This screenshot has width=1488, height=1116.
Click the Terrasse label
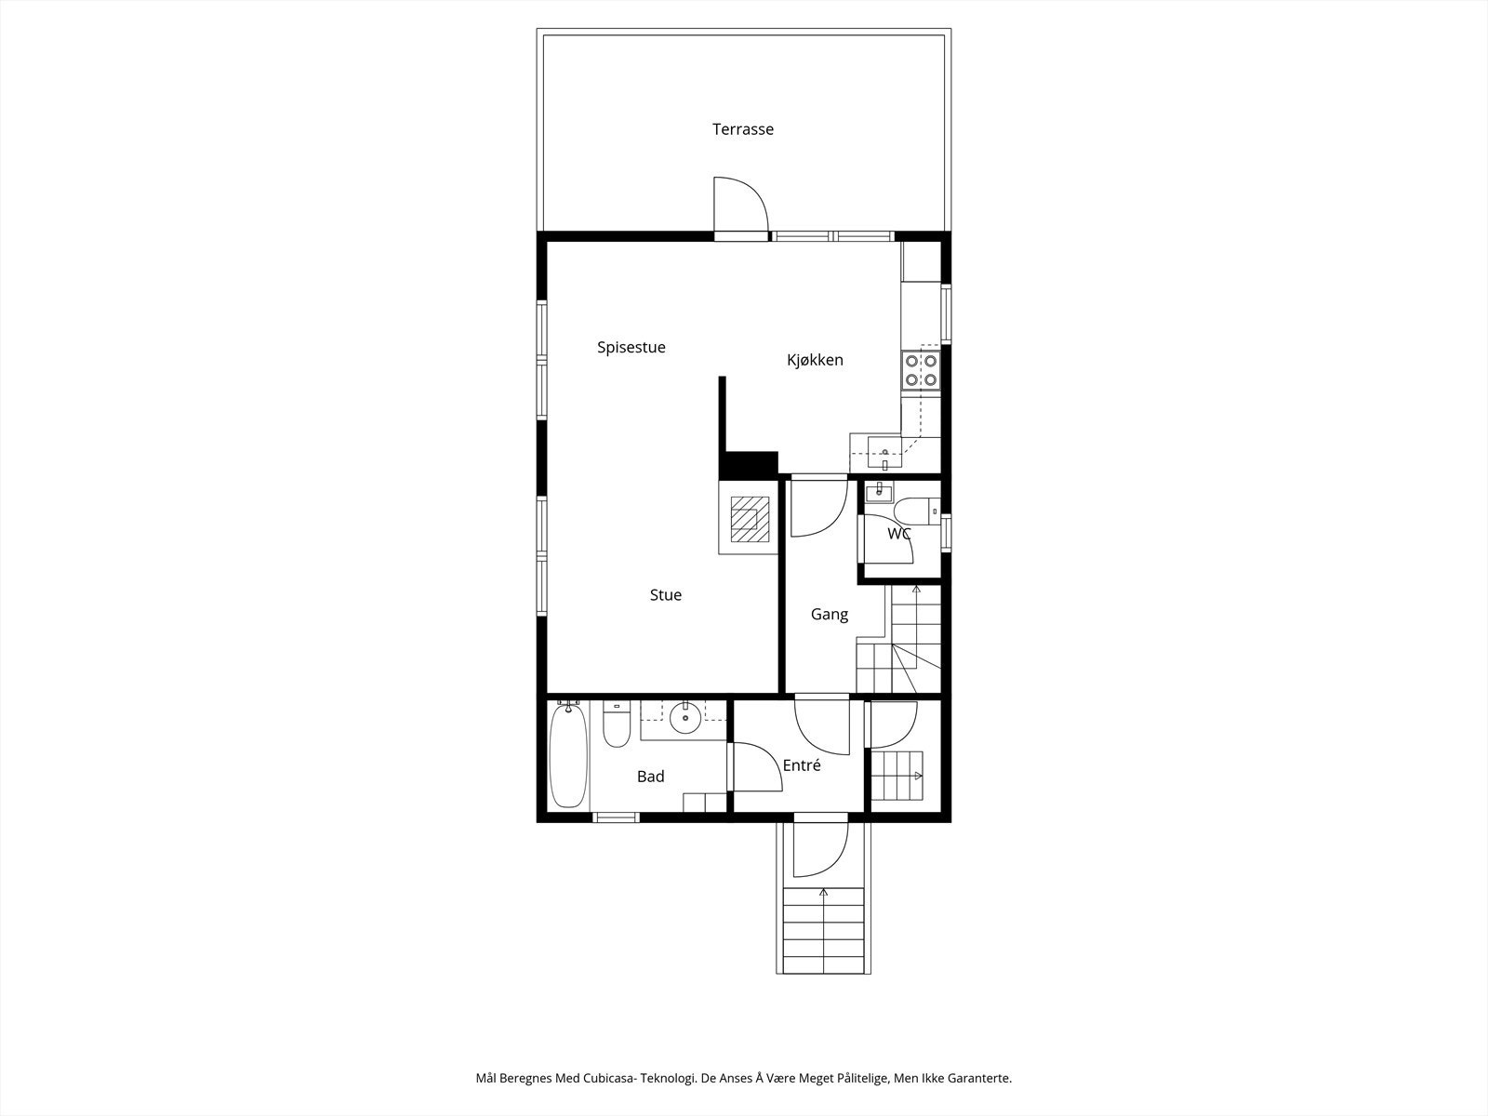point(743,128)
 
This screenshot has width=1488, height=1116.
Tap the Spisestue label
point(631,348)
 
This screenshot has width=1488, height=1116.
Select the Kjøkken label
point(815,360)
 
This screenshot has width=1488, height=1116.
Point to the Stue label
point(666,595)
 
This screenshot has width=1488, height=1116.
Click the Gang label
point(829,615)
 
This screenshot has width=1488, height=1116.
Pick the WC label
point(899,534)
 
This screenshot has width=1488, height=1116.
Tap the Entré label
point(802,765)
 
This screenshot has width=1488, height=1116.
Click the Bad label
point(651,777)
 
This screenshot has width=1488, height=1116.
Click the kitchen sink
point(884,453)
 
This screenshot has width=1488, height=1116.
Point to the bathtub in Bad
point(568,755)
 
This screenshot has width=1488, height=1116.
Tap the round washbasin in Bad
point(685,718)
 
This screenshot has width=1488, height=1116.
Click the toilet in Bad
point(617,724)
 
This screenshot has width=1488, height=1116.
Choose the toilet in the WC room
point(916,508)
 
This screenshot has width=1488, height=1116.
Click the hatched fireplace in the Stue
point(750,519)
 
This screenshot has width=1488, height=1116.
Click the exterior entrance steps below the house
point(824,930)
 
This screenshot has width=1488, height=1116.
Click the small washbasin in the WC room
point(879,492)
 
